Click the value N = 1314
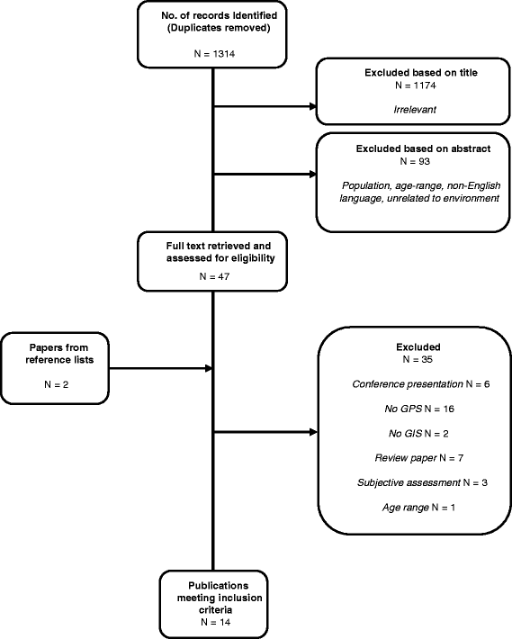pyautogui.click(x=214, y=54)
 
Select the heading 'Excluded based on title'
pyautogui.click(x=421, y=73)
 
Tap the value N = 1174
pyautogui.click(x=416, y=85)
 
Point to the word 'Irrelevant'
pyautogui.click(x=415, y=110)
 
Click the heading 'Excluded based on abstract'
pyautogui.click(x=423, y=148)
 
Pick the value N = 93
pyautogui.click(x=415, y=161)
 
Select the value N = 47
pyautogui.click(x=214, y=276)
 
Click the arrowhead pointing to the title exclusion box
pyautogui.click(x=313, y=106)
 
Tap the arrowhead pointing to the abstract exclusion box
pyautogui.click(x=313, y=175)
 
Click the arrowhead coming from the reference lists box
pyautogui.click(x=209, y=368)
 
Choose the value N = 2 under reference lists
pyautogui.click(x=56, y=384)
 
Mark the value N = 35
pyautogui.click(x=418, y=359)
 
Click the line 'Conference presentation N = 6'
pyautogui.click(x=421, y=384)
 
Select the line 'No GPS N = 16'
pyautogui.click(x=419, y=409)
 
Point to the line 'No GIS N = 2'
pyautogui.click(x=418, y=434)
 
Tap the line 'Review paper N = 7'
pyautogui.click(x=418, y=458)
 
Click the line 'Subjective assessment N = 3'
pyautogui.click(x=422, y=483)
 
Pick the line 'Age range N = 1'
pyautogui.click(x=418, y=508)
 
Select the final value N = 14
pyautogui.click(x=215, y=622)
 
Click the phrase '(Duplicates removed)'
pyautogui.click(x=219, y=28)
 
